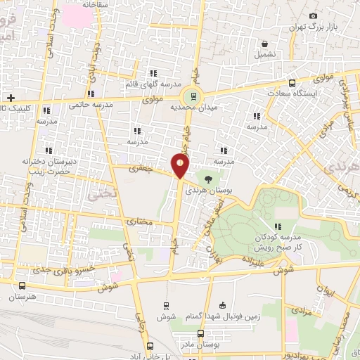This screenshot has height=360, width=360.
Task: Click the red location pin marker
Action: click(181, 166)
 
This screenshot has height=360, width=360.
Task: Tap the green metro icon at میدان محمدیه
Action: click(190, 96)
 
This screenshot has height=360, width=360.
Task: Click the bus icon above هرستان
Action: click(22, 285)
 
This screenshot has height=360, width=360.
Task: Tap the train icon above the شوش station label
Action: click(166, 306)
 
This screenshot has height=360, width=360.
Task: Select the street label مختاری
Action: click(139, 222)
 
